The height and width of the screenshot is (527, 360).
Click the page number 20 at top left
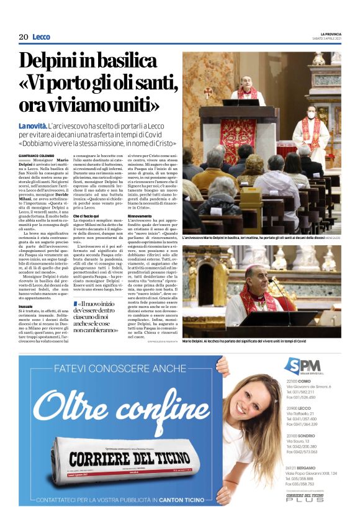click(23, 37)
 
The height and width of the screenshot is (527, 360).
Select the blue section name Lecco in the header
click(41, 37)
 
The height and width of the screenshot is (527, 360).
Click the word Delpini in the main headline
click(53, 61)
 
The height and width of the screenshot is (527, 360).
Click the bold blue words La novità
click(32, 127)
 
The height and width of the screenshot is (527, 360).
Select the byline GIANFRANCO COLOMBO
click(38, 155)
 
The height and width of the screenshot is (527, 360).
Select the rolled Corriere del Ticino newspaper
click(121, 459)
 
